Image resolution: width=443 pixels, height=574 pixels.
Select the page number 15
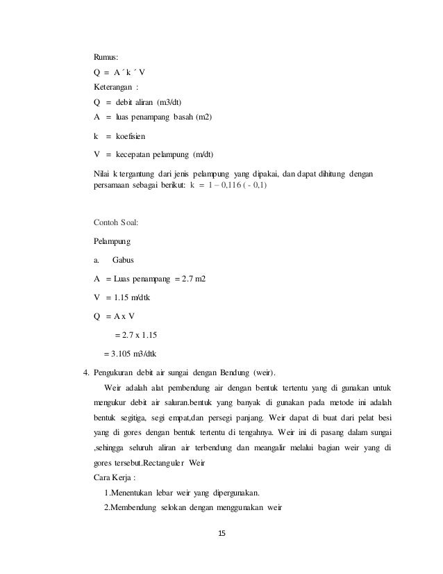pos(221,534)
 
